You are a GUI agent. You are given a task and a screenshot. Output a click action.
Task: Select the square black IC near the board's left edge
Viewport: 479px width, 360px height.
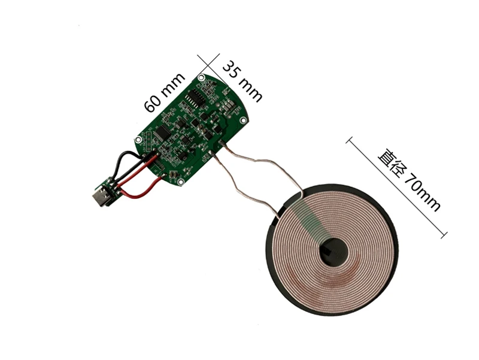161,132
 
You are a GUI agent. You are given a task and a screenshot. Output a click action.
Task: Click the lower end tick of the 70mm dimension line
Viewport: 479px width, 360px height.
444,235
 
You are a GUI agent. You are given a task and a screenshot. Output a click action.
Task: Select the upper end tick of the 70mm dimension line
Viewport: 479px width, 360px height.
348,141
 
